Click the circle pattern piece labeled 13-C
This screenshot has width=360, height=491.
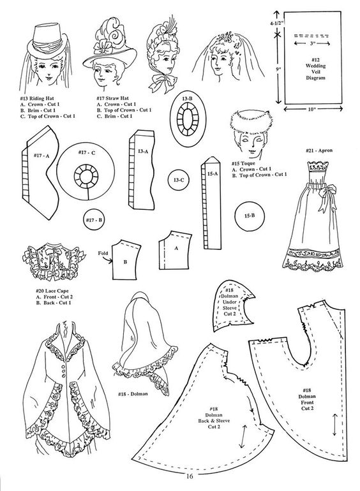[178, 180]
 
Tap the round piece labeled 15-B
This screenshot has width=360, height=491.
[250, 216]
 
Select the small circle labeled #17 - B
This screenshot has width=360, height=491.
[94, 220]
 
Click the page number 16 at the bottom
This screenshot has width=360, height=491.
[190, 476]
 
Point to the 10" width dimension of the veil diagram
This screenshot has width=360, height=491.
[313, 109]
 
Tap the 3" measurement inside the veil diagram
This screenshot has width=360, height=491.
[312, 43]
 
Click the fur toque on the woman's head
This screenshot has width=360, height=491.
[251, 121]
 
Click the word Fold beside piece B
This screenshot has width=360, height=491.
[103, 253]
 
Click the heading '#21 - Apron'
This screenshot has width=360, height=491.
[319, 150]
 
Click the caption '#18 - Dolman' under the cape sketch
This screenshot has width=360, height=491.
[133, 393]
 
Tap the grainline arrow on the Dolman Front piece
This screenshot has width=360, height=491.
[334, 424]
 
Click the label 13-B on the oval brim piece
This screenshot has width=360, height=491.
[187, 99]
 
